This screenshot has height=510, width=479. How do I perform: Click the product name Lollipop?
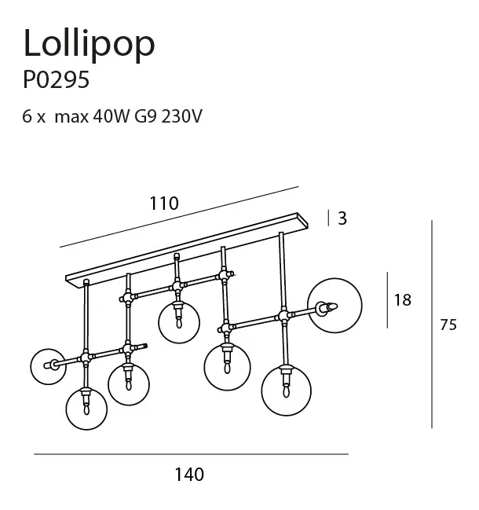click(x=89, y=45)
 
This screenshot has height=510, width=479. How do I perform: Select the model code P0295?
click(x=56, y=82)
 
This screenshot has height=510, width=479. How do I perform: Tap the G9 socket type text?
click(x=150, y=117)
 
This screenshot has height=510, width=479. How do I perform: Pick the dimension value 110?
click(x=164, y=203)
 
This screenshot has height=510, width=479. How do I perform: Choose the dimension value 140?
click(x=188, y=474)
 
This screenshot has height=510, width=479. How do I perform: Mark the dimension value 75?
click(x=448, y=325)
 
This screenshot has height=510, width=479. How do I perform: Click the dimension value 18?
click(x=402, y=299)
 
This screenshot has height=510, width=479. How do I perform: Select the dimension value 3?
click(x=342, y=218)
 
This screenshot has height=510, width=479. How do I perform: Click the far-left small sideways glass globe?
click(x=46, y=364)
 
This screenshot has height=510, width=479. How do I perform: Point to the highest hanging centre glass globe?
click(x=177, y=321)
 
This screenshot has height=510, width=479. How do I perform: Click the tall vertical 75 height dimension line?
click(x=432, y=325)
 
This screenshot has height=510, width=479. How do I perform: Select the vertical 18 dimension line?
click(x=387, y=300)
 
